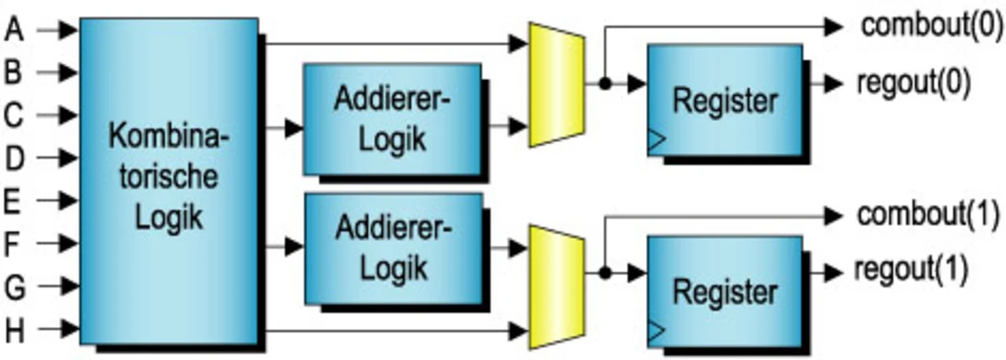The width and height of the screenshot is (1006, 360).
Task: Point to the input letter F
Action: pos(13,244)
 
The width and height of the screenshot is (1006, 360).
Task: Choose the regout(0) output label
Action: pos(912,82)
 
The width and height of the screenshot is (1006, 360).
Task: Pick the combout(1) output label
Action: pos(927,214)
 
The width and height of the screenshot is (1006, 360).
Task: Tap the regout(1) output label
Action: pos(911,271)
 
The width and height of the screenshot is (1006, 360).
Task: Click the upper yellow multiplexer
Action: pos(556,84)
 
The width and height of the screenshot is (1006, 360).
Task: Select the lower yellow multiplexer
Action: pos(556,286)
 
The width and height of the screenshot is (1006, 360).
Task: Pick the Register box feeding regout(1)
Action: pos(724,292)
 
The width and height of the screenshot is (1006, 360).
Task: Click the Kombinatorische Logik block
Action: pos(169,180)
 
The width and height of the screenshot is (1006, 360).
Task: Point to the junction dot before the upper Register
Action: pos(604,83)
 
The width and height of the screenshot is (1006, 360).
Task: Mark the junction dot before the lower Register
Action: pos(604,274)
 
